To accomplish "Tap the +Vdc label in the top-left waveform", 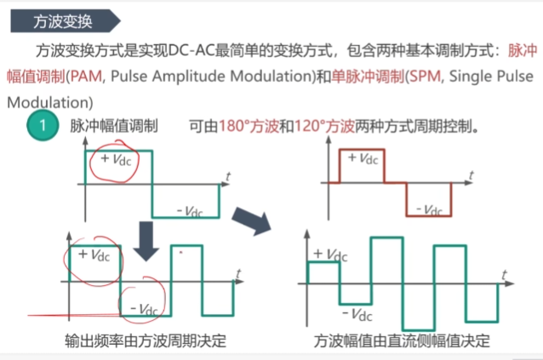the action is pyautogui.click(x=118, y=159).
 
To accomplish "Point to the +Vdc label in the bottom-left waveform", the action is pyautogui.click(x=94, y=255).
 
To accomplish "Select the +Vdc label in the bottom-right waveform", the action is pyautogui.click(x=329, y=254).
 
